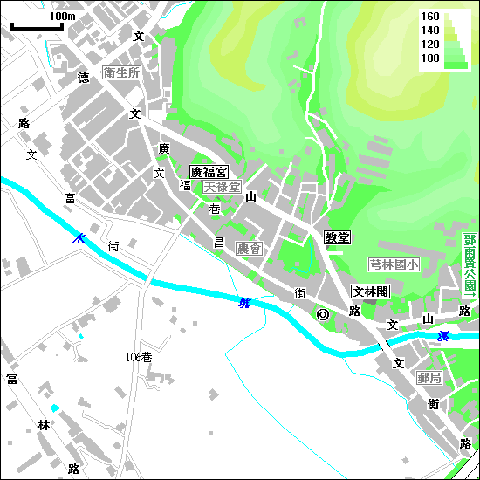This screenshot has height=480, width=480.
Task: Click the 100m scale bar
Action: tap(38, 25)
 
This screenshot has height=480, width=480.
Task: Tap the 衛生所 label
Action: tap(121, 72)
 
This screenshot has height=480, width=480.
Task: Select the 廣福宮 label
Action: tap(209, 172)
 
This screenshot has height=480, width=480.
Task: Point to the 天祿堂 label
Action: tap(222, 187)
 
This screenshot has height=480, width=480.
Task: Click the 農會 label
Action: tap(249, 249)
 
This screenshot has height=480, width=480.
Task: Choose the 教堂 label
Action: tap(337, 237)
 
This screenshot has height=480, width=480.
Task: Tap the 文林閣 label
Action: tap(371, 291)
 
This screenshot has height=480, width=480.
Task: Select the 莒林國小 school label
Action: tap(394, 264)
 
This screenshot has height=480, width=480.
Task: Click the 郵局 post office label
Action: tap(429, 378)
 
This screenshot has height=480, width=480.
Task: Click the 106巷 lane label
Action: tap(139, 357)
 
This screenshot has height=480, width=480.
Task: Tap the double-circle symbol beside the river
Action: tap(323, 314)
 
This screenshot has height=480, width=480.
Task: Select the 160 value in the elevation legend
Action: tap(430, 17)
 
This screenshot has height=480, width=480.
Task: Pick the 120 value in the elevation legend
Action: tap(430, 44)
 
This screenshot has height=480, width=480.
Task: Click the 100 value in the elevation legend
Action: tap(430, 58)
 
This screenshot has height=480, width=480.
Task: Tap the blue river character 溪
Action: tap(444, 336)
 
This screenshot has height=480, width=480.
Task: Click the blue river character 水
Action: tap(79, 237)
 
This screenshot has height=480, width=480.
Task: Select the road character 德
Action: tap(84, 79)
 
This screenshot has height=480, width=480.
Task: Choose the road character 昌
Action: tap(219, 242)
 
